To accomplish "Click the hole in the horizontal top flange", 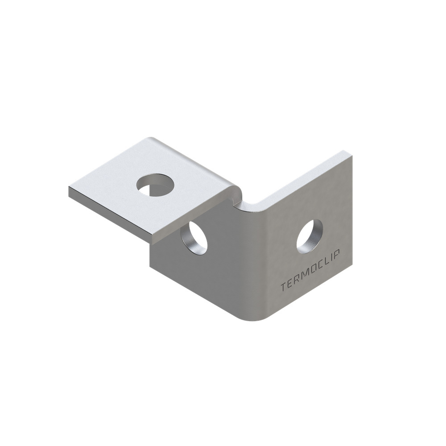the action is point(155,185).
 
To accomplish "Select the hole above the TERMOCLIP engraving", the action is point(310,237).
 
